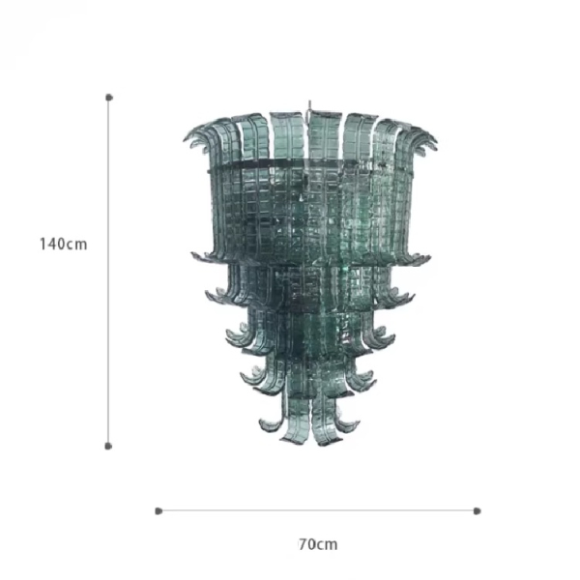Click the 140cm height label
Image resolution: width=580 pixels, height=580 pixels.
(x=63, y=245)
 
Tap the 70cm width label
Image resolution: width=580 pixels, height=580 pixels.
(x=318, y=544)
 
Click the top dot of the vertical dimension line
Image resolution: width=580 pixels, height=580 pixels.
(x=108, y=98)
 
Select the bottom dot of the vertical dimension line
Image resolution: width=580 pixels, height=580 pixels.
(x=108, y=446)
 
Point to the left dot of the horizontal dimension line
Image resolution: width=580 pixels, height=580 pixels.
(x=159, y=511)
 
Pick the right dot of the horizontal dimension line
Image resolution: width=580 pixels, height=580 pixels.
(x=478, y=511)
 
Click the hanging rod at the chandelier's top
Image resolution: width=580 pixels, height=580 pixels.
(x=309, y=106)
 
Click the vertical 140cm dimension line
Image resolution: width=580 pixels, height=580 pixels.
(x=108, y=272)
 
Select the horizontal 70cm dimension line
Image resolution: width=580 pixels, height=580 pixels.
(x=318, y=510)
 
